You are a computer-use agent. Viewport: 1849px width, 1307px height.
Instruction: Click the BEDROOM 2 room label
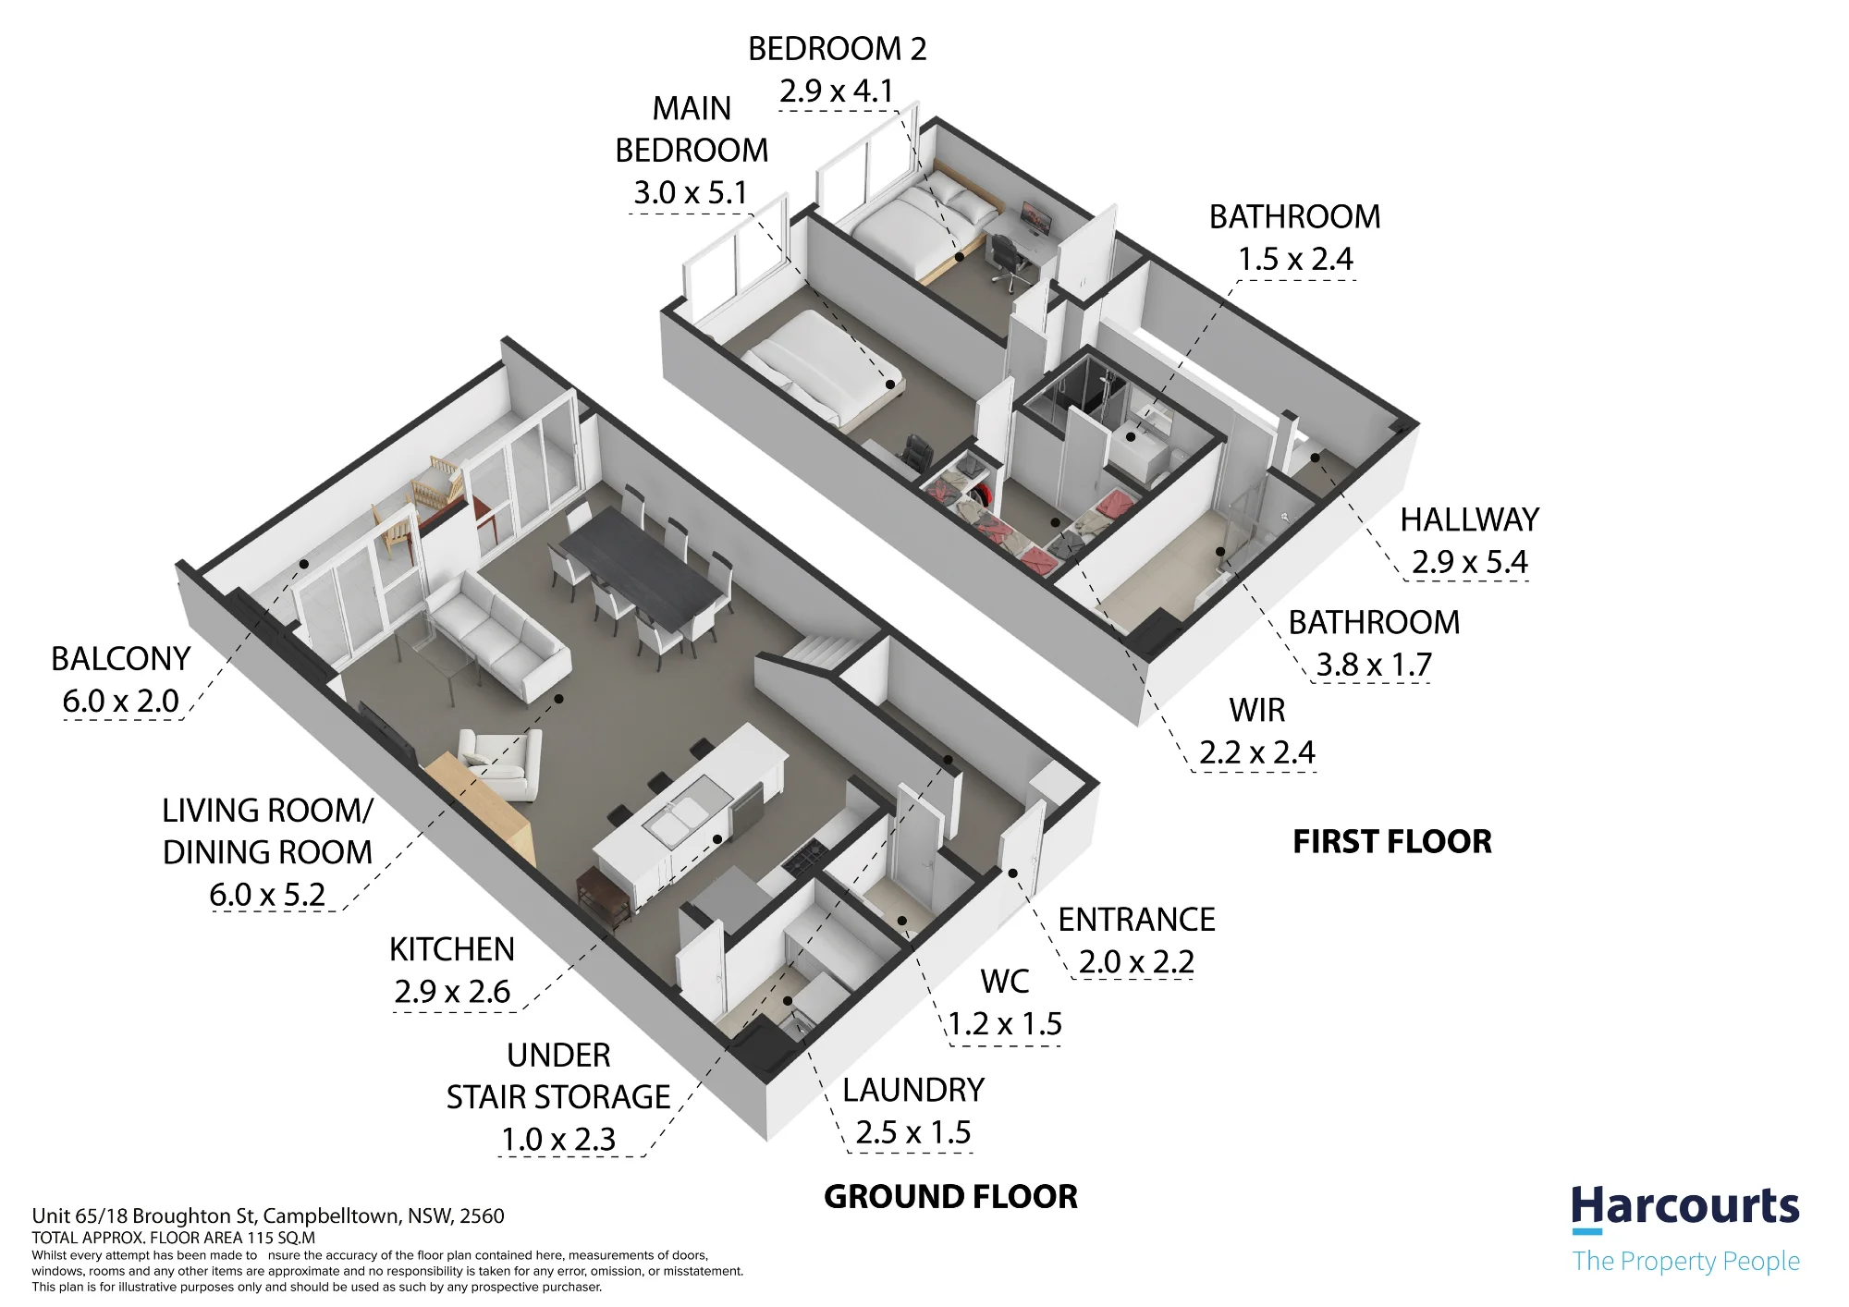point(837,49)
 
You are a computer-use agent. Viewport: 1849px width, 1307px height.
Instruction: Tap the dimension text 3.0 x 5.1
point(691,192)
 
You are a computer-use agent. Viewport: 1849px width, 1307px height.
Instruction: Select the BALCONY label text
point(121,659)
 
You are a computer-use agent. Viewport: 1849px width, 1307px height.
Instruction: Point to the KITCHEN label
point(451,949)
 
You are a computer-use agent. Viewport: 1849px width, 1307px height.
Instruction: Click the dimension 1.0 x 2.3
point(558,1139)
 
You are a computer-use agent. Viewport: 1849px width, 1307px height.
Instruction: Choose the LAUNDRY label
point(913,1091)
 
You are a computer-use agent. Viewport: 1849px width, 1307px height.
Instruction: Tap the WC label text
point(1005,982)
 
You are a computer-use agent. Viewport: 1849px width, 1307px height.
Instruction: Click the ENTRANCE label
point(1136,920)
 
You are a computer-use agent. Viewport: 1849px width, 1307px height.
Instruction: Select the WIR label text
point(1257,711)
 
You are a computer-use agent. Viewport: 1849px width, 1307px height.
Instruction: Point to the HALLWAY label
point(1469,520)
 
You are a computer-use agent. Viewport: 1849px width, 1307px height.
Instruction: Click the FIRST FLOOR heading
point(1392,842)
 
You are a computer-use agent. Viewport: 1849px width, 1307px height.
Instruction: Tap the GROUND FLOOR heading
point(950,1197)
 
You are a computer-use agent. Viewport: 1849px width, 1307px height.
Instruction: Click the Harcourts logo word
point(1685,1207)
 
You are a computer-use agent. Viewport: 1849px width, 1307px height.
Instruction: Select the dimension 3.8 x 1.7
point(1374,665)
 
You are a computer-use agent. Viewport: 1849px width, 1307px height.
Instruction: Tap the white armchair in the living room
point(500,764)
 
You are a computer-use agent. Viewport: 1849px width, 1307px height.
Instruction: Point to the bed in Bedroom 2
point(924,223)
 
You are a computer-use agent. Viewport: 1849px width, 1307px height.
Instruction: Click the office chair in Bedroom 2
point(1008,258)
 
